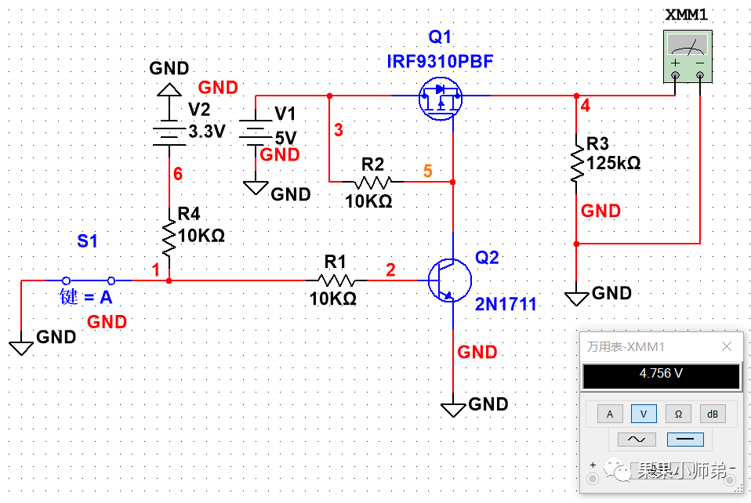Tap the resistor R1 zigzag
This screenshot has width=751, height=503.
[336, 280]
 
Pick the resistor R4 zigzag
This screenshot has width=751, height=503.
[169, 237]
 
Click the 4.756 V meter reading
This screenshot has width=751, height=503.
[661, 374]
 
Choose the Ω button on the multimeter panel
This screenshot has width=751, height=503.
[678, 414]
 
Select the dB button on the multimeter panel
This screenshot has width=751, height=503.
[713, 414]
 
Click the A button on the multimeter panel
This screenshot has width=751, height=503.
[610, 414]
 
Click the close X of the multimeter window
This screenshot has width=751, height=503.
[727, 346]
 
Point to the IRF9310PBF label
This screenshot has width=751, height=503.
[441, 62]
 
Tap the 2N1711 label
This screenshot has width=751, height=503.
[506, 306]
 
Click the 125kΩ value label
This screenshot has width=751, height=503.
[614, 164]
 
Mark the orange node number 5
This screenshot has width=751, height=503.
[427, 170]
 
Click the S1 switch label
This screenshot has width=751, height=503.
[87, 241]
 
